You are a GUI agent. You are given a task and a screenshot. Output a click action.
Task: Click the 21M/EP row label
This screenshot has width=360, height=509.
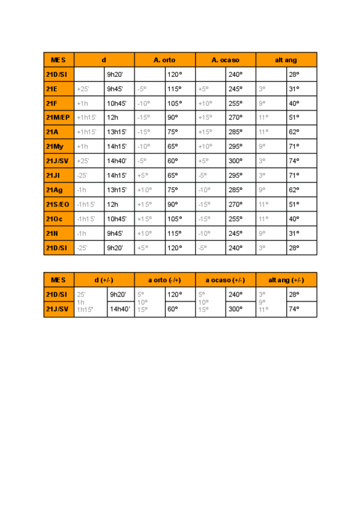tap(58, 118)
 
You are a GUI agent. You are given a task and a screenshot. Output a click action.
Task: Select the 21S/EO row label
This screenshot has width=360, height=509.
tap(58, 204)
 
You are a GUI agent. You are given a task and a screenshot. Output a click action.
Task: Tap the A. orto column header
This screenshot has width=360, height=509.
tap(164, 60)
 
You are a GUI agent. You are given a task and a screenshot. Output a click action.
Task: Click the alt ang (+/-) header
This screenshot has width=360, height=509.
tap(286, 280)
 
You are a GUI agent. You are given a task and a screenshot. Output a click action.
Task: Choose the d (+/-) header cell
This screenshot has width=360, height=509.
tap(104, 280)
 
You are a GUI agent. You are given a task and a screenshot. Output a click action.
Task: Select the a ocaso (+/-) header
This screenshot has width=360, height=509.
tap(225, 280)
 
